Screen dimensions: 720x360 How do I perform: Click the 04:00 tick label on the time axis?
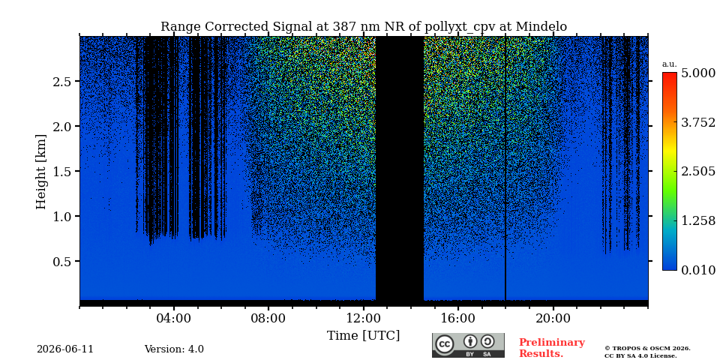[x=174, y=318]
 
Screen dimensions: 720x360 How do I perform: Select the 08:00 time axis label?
[x=268, y=318]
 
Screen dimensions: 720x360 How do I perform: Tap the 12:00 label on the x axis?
[x=363, y=318]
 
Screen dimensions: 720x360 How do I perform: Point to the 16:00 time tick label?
[x=457, y=318]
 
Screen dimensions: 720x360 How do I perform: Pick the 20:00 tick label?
[x=553, y=318]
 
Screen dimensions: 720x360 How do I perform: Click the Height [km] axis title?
[x=41, y=172]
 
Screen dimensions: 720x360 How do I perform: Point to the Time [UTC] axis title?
[x=363, y=336]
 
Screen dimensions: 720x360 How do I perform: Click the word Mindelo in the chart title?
[x=541, y=27]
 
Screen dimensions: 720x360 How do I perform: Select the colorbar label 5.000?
[x=698, y=73]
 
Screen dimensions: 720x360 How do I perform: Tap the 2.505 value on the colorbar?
[x=698, y=172]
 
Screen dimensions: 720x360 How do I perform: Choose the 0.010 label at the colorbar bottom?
[x=698, y=270]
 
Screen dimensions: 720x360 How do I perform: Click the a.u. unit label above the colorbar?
[x=670, y=64]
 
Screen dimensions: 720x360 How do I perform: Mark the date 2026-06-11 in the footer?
[x=65, y=349]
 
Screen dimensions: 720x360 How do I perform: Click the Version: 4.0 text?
[x=174, y=349]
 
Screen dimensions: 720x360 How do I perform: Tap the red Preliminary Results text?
[x=552, y=348]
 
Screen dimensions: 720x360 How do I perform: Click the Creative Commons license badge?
[x=468, y=345]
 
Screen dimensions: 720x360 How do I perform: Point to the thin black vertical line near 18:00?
[x=505, y=168]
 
